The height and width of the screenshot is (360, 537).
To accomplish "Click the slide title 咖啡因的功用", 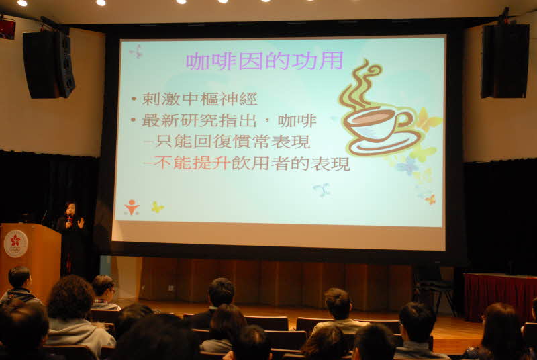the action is [x=264, y=61].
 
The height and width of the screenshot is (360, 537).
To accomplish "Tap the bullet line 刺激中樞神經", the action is [x=199, y=99].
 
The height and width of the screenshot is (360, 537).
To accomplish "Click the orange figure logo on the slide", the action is [x=132, y=208].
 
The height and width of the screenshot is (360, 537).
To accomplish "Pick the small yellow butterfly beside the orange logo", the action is [x=158, y=207].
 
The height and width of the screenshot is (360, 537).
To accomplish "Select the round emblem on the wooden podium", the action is [x=15, y=244].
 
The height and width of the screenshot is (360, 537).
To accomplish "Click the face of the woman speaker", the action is [x=70, y=209].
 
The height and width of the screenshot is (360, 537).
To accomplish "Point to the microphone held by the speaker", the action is [x=70, y=219].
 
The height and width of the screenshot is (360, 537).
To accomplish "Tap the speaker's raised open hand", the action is [x=81, y=223].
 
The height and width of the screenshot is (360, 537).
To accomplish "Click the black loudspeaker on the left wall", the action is [x=48, y=64].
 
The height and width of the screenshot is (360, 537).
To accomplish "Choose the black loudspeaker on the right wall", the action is [x=505, y=60].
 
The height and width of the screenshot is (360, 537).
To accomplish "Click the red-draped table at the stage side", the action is [x=500, y=296].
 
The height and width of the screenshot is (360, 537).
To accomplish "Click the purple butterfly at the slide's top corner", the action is [x=136, y=52].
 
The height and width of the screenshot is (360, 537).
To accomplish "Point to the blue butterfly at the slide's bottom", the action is [x=322, y=189].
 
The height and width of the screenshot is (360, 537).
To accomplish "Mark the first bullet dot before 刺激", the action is [x=134, y=99].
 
